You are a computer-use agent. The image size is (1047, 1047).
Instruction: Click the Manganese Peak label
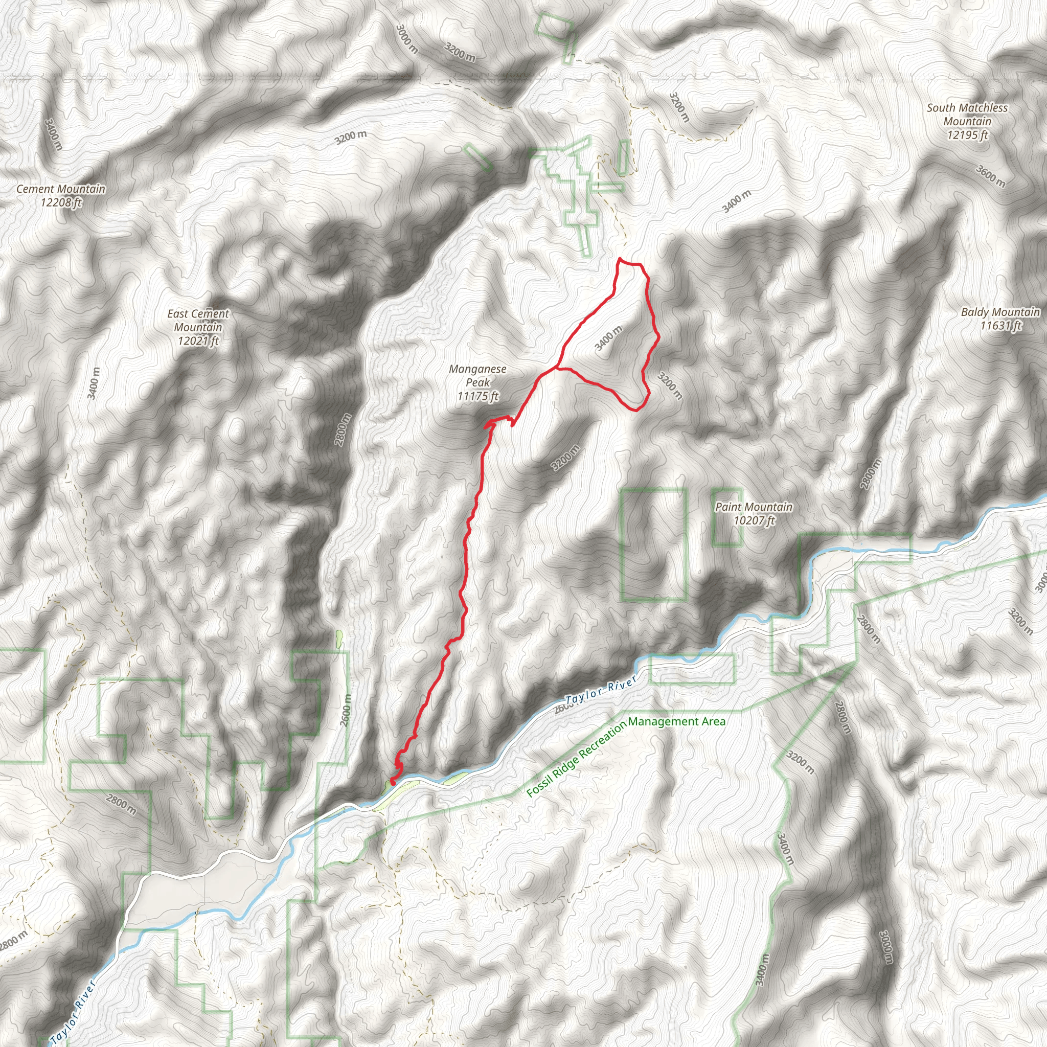coord(477,382)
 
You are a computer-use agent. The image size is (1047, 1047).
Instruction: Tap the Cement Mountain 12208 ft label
coord(61,196)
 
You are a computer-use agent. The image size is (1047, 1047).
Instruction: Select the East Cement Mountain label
coord(198,327)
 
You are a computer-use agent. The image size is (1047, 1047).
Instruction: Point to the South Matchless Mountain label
coord(967,121)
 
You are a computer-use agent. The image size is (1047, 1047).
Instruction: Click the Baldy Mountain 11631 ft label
coord(1000,318)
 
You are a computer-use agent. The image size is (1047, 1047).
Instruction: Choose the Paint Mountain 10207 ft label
coord(754,513)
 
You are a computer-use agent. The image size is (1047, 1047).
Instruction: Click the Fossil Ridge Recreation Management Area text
coord(625,757)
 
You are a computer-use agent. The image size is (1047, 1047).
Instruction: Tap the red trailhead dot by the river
coord(392,782)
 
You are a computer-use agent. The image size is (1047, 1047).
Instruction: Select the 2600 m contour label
coord(346,711)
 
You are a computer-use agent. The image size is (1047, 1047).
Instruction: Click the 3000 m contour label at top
coord(406,39)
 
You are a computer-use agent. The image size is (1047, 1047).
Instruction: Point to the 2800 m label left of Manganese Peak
coord(343,430)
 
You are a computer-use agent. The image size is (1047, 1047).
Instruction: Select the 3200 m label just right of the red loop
coord(670,385)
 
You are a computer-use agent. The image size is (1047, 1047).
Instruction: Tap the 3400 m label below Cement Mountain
coord(94,382)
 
